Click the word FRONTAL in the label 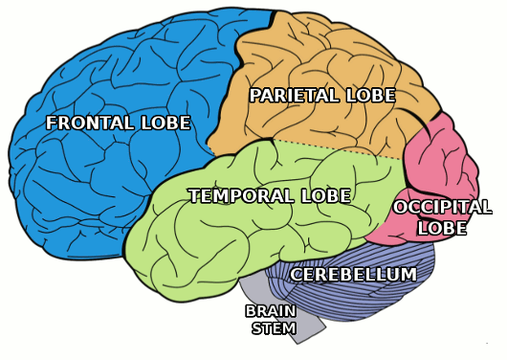click(90, 123)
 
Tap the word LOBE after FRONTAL click(166, 123)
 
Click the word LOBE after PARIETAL click(371, 96)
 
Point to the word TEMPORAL click(241, 196)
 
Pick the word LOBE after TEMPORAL click(326, 196)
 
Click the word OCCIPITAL click(442, 207)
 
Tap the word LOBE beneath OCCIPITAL click(442, 228)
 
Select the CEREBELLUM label click(353, 275)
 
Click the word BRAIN click(271, 311)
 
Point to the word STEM click(274, 328)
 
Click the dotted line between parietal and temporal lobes click(338, 149)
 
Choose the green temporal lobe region click(227, 233)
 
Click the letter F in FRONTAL click(52, 123)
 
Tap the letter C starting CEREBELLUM click(297, 275)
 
